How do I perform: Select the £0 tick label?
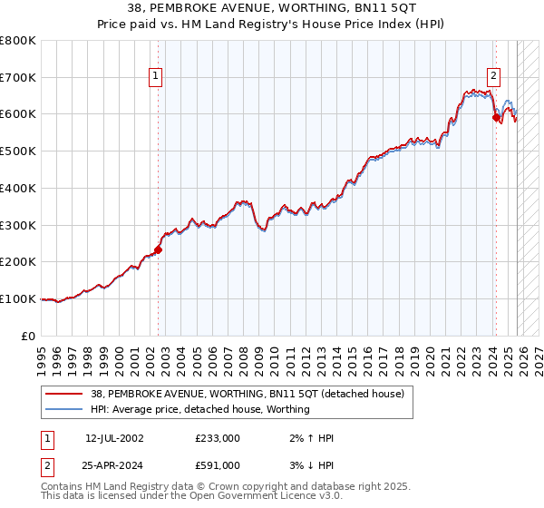point(28,336)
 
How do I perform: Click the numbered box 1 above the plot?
point(157,77)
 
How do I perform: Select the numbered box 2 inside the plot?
point(495,77)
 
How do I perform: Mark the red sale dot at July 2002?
point(158,249)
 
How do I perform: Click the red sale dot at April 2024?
point(495,117)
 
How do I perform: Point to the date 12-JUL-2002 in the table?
point(114,438)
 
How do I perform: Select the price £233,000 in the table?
point(217,438)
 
